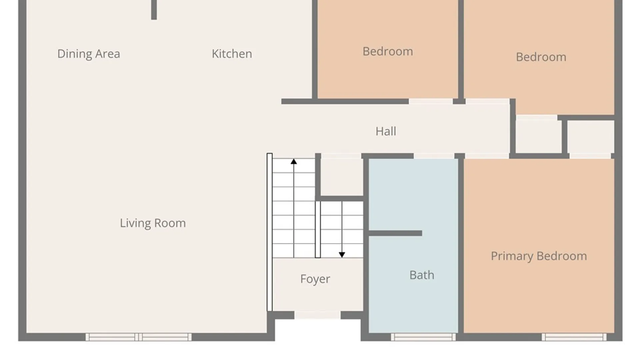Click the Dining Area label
pos(89,54)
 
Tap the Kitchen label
pos(232,54)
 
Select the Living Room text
pos(153,223)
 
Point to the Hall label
pos(386,131)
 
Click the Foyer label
pos(315,279)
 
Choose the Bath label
pos(422,275)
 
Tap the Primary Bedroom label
pos(539,256)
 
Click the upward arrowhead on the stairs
pos(294,162)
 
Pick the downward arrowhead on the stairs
pos(342,255)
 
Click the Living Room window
pos(139,337)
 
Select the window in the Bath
pos(423,337)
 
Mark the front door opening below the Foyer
pos(317,315)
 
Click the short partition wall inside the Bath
pos(395,233)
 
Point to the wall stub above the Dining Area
pos(154,10)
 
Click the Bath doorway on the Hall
pos(434,156)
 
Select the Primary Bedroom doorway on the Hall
pos(487,156)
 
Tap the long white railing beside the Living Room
pos(270,232)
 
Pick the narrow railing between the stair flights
pos(318,229)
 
